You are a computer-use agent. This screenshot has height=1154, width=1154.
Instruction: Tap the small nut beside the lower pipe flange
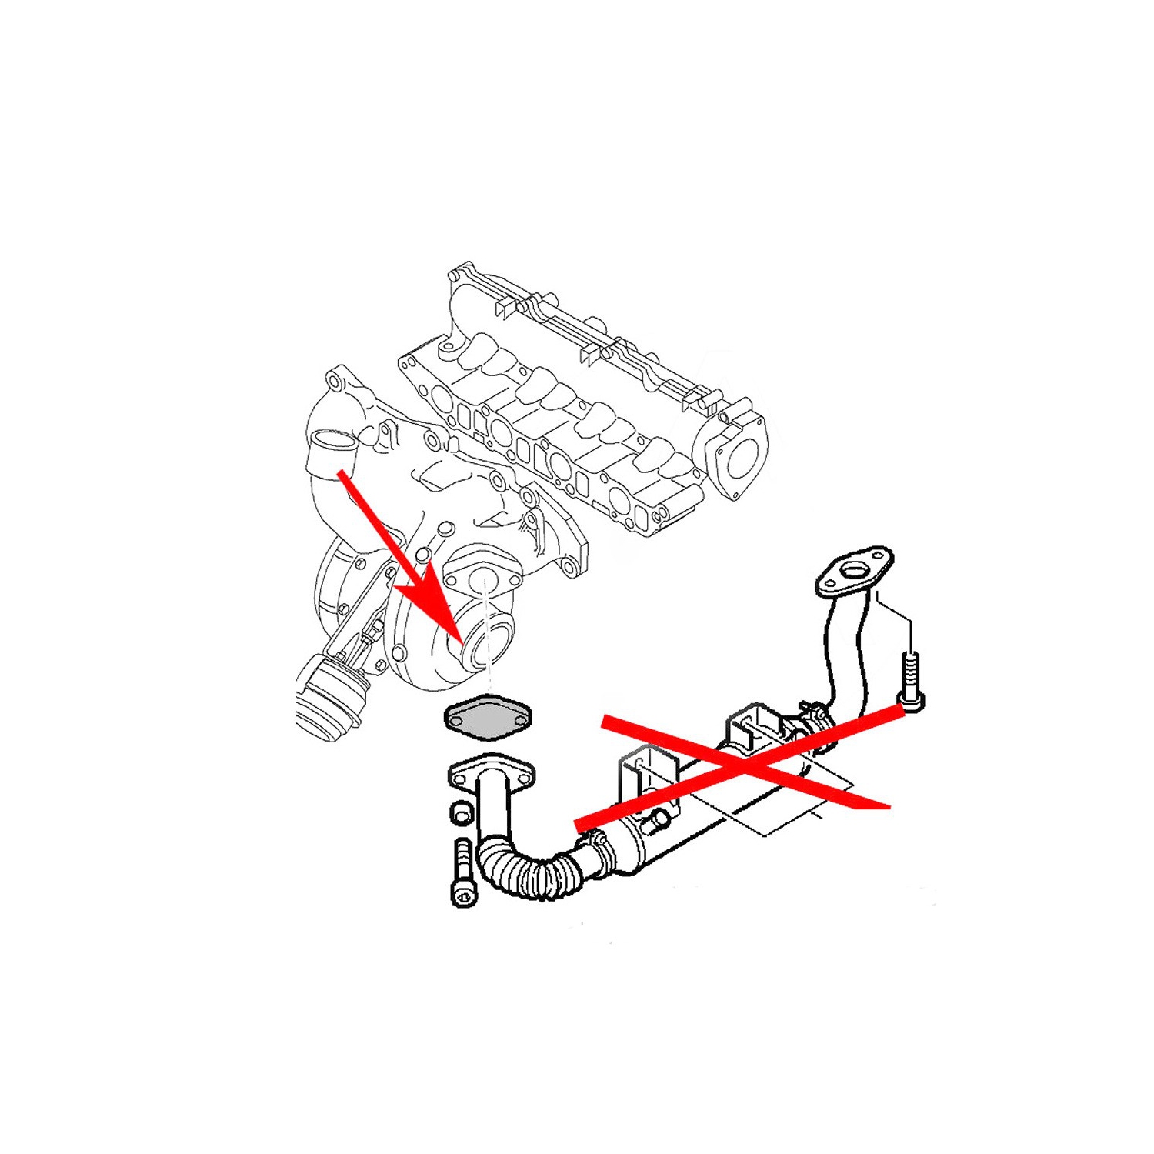[x=462, y=812]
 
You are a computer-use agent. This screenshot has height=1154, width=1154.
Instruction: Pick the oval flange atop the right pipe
[x=855, y=572]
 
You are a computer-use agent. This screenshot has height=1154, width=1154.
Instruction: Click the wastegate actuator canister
[x=327, y=696]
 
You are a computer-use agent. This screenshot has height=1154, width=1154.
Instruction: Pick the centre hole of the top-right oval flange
[x=855, y=570]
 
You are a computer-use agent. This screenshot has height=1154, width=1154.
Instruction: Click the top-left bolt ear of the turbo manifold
[x=334, y=379]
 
